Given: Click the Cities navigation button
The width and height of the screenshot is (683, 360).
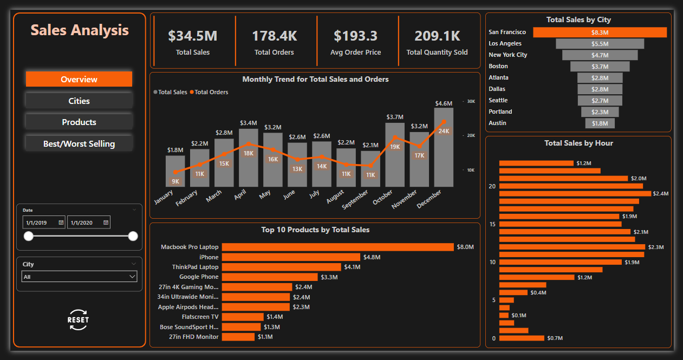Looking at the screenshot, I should click(x=79, y=101).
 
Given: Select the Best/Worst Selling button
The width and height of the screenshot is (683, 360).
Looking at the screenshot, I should click(x=79, y=143).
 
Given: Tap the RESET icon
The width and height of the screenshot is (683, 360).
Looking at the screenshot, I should click(x=78, y=320).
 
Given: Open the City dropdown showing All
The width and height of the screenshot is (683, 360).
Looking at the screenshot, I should click(x=79, y=277).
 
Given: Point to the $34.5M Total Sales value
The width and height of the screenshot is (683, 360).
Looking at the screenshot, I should click(x=193, y=36).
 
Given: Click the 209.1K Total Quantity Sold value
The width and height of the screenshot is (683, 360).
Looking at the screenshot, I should click(x=437, y=36).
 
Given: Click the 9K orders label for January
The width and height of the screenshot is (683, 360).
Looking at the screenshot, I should click(x=175, y=181).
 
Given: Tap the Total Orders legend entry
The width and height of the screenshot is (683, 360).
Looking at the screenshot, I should click(x=211, y=92).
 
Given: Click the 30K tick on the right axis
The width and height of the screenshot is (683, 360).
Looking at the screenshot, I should click(x=471, y=101).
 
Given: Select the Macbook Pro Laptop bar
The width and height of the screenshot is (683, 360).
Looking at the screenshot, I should click(x=337, y=247).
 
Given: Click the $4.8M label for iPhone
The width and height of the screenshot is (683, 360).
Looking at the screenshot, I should click(x=372, y=257).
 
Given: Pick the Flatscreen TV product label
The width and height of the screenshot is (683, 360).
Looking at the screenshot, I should click(x=200, y=317).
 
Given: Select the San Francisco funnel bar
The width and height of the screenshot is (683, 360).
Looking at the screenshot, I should click(x=600, y=32).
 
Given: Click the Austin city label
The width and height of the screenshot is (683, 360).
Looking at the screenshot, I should click(x=497, y=123).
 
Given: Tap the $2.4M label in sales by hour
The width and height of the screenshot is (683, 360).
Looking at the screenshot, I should click(x=661, y=193).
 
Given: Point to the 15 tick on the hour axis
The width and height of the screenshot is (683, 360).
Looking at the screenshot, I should click(x=492, y=224).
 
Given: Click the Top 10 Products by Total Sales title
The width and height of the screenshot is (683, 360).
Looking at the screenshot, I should click(x=315, y=230).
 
